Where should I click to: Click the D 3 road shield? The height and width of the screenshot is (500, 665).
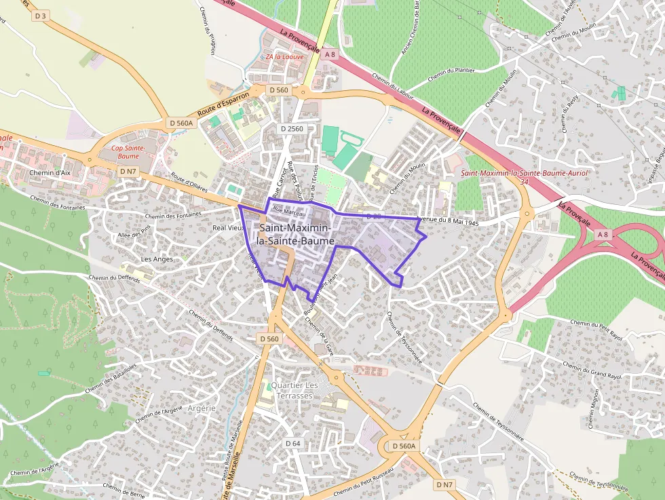[41, 16]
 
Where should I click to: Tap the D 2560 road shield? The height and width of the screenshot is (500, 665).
[292, 128]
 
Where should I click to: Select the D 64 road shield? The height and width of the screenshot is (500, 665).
[292, 443]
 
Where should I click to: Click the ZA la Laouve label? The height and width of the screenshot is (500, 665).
[284, 57]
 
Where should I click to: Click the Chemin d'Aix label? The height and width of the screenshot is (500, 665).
[50, 173]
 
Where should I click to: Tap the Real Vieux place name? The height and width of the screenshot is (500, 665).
[228, 228]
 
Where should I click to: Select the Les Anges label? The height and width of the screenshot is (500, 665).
[157, 258]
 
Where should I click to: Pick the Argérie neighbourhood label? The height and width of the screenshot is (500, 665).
[201, 408]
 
